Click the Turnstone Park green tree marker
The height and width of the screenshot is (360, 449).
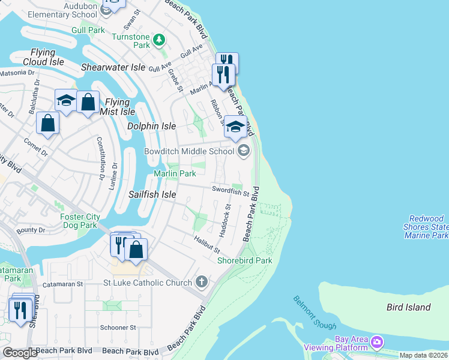point(159,40)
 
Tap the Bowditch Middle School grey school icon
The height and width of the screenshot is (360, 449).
point(243,151)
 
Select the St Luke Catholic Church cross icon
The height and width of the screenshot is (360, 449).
point(202,282)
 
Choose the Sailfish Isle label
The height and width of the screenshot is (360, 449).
point(152,194)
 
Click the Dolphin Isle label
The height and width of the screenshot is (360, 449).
point(151,126)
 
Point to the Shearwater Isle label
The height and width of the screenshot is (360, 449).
point(113,67)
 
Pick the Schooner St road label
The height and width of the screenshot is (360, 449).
point(118,328)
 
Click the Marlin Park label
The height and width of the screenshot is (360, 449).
point(175,173)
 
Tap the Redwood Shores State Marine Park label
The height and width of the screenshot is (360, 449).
point(427,227)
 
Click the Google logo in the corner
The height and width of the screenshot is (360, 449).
point(19,353)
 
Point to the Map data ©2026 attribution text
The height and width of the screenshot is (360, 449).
point(423,355)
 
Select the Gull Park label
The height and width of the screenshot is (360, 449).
point(88,30)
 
